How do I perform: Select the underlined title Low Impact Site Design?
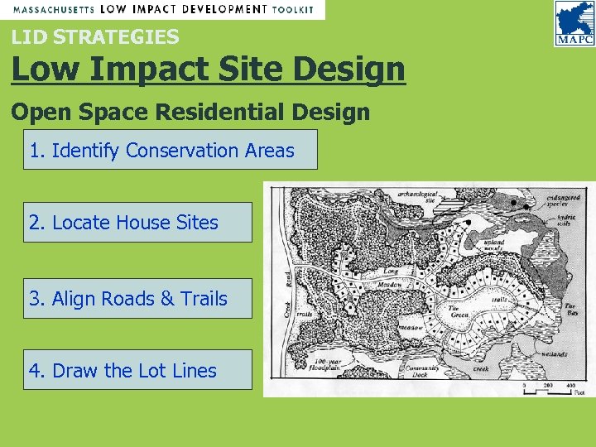click(208, 70)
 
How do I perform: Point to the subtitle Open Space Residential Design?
click(190, 112)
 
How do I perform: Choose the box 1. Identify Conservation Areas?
click(170, 150)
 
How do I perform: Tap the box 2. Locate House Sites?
click(137, 222)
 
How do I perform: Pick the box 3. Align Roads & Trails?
click(137, 299)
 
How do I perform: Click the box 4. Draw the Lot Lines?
click(137, 370)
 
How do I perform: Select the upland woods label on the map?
click(493, 246)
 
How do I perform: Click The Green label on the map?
click(459, 312)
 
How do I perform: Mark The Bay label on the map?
click(571, 310)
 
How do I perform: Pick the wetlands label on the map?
click(555, 353)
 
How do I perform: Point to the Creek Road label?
click(287, 291)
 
